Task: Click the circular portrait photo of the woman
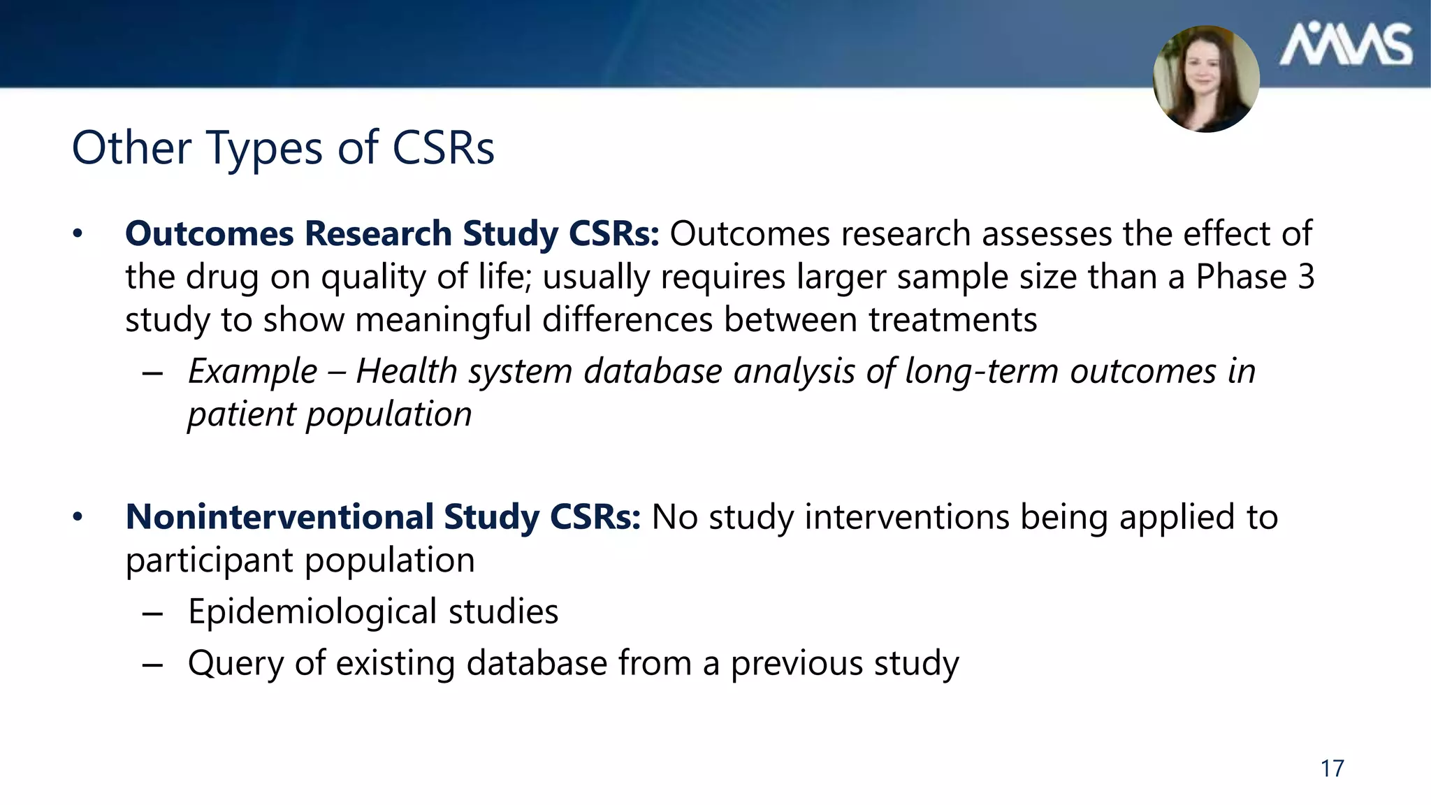(1206, 78)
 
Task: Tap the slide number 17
(1332, 769)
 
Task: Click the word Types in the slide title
(265, 148)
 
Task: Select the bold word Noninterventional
(279, 517)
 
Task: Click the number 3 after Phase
(1306, 277)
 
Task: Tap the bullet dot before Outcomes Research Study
(78, 234)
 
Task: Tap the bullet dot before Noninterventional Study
(78, 518)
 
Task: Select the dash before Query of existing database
(152, 665)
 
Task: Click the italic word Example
(252, 372)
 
